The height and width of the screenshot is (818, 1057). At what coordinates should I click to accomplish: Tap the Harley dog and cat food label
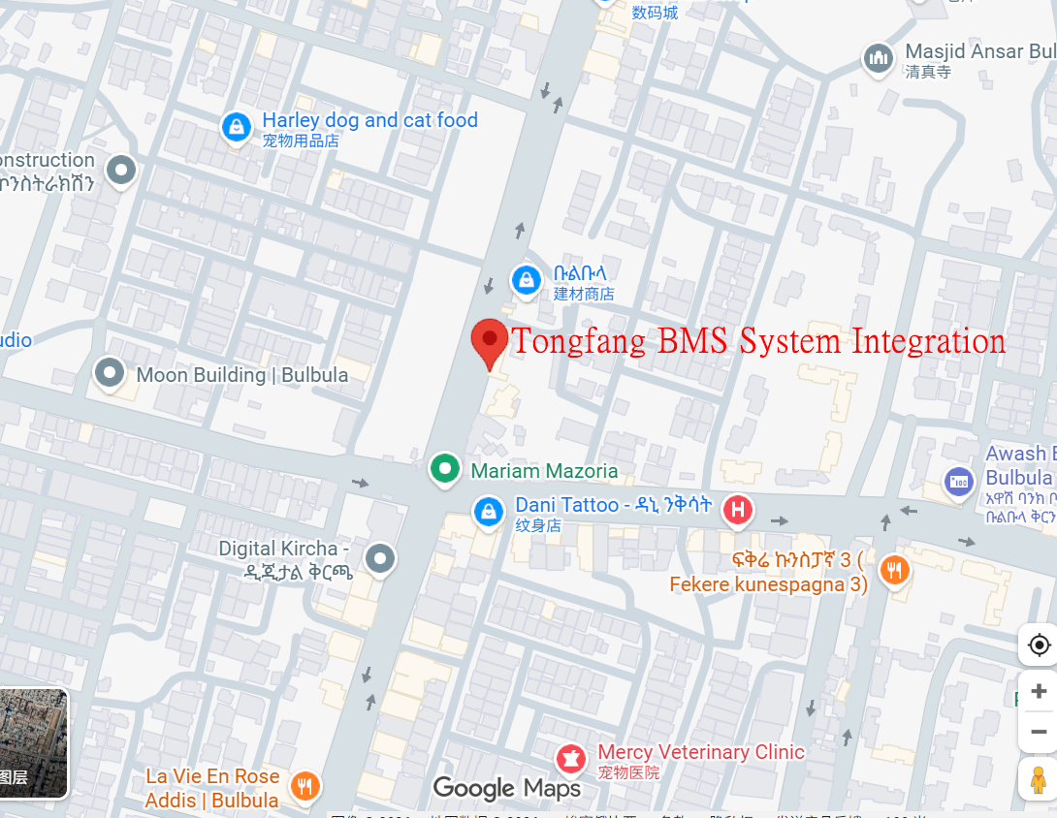(x=369, y=120)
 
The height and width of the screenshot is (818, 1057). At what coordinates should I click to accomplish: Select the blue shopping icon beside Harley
(x=236, y=126)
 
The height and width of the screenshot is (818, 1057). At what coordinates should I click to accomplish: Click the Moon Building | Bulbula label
(x=242, y=374)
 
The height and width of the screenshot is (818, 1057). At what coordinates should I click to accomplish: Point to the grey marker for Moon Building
(x=110, y=371)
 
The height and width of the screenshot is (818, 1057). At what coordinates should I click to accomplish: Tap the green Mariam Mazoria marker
(x=444, y=469)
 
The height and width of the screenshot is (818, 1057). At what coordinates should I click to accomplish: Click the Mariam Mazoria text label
(x=544, y=471)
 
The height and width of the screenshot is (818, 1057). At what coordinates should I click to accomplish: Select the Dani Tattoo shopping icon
(x=488, y=511)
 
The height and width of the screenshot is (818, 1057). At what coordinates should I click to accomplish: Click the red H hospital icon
(x=738, y=510)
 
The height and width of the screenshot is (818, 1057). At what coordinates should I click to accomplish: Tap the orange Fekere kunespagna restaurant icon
(x=893, y=571)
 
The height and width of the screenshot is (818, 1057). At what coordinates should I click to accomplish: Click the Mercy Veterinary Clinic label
(x=701, y=752)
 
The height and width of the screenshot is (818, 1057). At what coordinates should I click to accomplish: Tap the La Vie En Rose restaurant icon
(x=305, y=786)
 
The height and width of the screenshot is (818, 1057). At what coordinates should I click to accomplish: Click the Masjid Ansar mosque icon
(x=879, y=58)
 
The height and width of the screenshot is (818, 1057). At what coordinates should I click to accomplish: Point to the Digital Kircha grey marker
(x=380, y=557)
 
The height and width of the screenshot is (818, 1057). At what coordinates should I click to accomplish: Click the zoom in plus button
(x=1039, y=691)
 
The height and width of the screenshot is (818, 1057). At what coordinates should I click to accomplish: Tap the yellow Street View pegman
(x=1039, y=779)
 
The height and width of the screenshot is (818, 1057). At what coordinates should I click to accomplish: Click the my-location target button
(x=1039, y=645)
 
